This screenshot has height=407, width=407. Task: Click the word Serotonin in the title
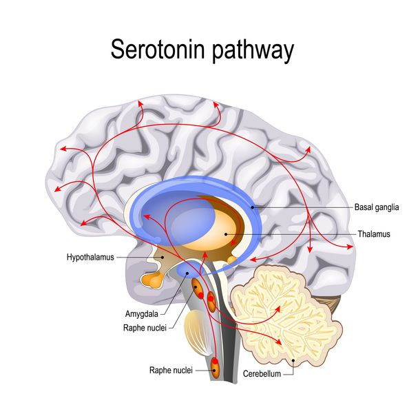(x=158, y=50)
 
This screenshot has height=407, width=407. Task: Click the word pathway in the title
(x=253, y=51)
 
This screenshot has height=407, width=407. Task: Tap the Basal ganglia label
(x=377, y=207)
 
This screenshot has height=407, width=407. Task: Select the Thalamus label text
(x=374, y=234)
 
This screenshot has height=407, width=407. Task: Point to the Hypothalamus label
(x=90, y=258)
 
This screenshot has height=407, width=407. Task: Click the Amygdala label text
(x=141, y=314)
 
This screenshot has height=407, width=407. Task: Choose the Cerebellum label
(x=262, y=373)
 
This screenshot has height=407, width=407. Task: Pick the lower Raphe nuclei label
(x=171, y=370)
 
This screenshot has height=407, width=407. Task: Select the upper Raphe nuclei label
(x=145, y=328)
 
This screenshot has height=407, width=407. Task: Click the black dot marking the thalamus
(x=226, y=234)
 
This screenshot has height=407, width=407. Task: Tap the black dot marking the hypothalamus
(x=163, y=258)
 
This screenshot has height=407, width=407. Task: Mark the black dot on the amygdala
(x=187, y=273)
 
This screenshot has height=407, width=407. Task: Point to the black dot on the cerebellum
(x=293, y=360)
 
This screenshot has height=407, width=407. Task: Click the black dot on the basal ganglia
(x=252, y=207)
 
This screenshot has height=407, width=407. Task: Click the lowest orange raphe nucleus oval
(x=215, y=368)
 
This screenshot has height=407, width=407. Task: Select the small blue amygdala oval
(x=187, y=270)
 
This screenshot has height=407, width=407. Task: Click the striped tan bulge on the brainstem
(x=197, y=333)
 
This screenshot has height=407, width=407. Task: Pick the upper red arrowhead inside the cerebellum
(x=278, y=309)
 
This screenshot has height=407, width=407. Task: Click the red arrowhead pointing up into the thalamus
(x=205, y=255)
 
